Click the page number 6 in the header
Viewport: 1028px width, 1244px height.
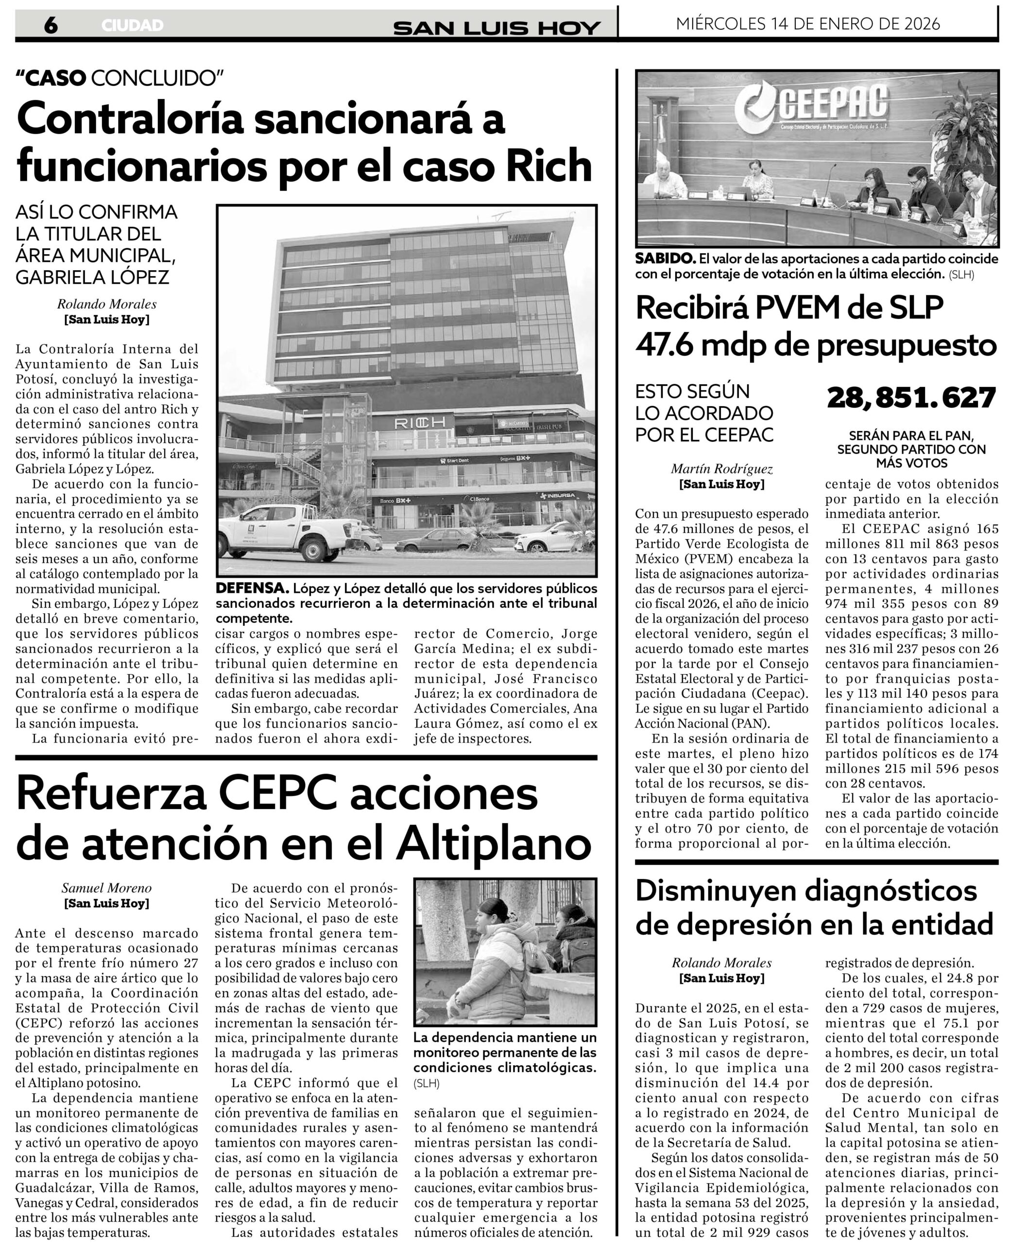(51, 25)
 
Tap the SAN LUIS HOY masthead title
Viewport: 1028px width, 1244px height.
(497, 28)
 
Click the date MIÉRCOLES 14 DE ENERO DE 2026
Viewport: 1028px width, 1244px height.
(808, 24)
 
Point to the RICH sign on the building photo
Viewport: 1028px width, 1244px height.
(420, 422)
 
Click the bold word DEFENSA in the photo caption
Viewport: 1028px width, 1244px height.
(252, 589)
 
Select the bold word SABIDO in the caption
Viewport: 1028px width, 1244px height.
(665, 259)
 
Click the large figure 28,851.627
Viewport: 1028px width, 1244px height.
(911, 397)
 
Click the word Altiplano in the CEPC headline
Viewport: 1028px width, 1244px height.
(494, 844)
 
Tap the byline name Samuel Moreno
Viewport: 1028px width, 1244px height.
(106, 888)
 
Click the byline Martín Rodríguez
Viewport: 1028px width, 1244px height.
(721, 468)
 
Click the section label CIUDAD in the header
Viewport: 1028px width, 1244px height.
(132, 25)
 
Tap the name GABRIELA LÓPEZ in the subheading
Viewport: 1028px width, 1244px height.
(92, 276)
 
